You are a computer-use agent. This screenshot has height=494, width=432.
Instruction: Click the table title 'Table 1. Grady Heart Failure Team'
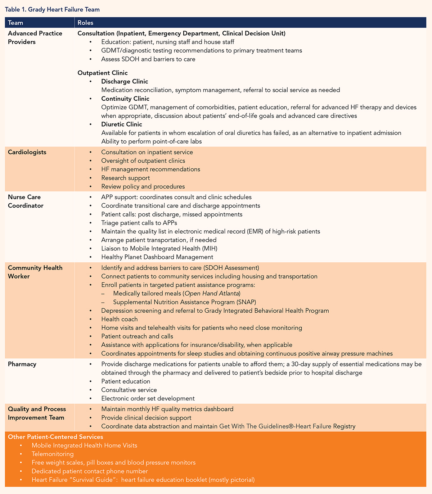click(x=52, y=10)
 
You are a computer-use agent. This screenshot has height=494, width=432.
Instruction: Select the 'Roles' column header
click(x=85, y=23)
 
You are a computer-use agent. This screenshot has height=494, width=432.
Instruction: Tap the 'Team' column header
click(x=15, y=23)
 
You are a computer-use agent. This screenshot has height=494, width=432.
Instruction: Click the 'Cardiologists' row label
click(x=27, y=152)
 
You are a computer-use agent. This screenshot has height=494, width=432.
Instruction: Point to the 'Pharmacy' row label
click(x=22, y=364)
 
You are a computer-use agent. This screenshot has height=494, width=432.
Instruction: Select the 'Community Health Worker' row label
click(x=35, y=272)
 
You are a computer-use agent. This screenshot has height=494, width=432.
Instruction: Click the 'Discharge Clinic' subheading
click(x=125, y=81)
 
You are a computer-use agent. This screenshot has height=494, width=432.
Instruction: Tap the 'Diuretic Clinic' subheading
click(x=122, y=124)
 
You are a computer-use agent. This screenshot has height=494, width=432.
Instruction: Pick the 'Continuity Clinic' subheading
click(x=125, y=99)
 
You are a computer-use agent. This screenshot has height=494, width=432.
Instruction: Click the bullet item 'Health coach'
click(x=120, y=319)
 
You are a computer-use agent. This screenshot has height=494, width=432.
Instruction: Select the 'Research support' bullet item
click(x=125, y=178)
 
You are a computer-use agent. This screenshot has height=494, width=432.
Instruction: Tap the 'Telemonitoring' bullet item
click(x=53, y=454)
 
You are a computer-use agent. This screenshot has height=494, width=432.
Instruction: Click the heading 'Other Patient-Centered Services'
click(x=55, y=437)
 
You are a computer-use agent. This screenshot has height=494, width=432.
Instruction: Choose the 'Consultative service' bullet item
click(x=129, y=390)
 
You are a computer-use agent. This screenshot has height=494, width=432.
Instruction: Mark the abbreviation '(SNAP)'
click(x=246, y=302)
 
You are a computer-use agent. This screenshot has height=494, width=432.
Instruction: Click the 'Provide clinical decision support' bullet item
click(x=146, y=418)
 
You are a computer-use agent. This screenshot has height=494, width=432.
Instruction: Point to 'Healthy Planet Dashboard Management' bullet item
click(x=157, y=257)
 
